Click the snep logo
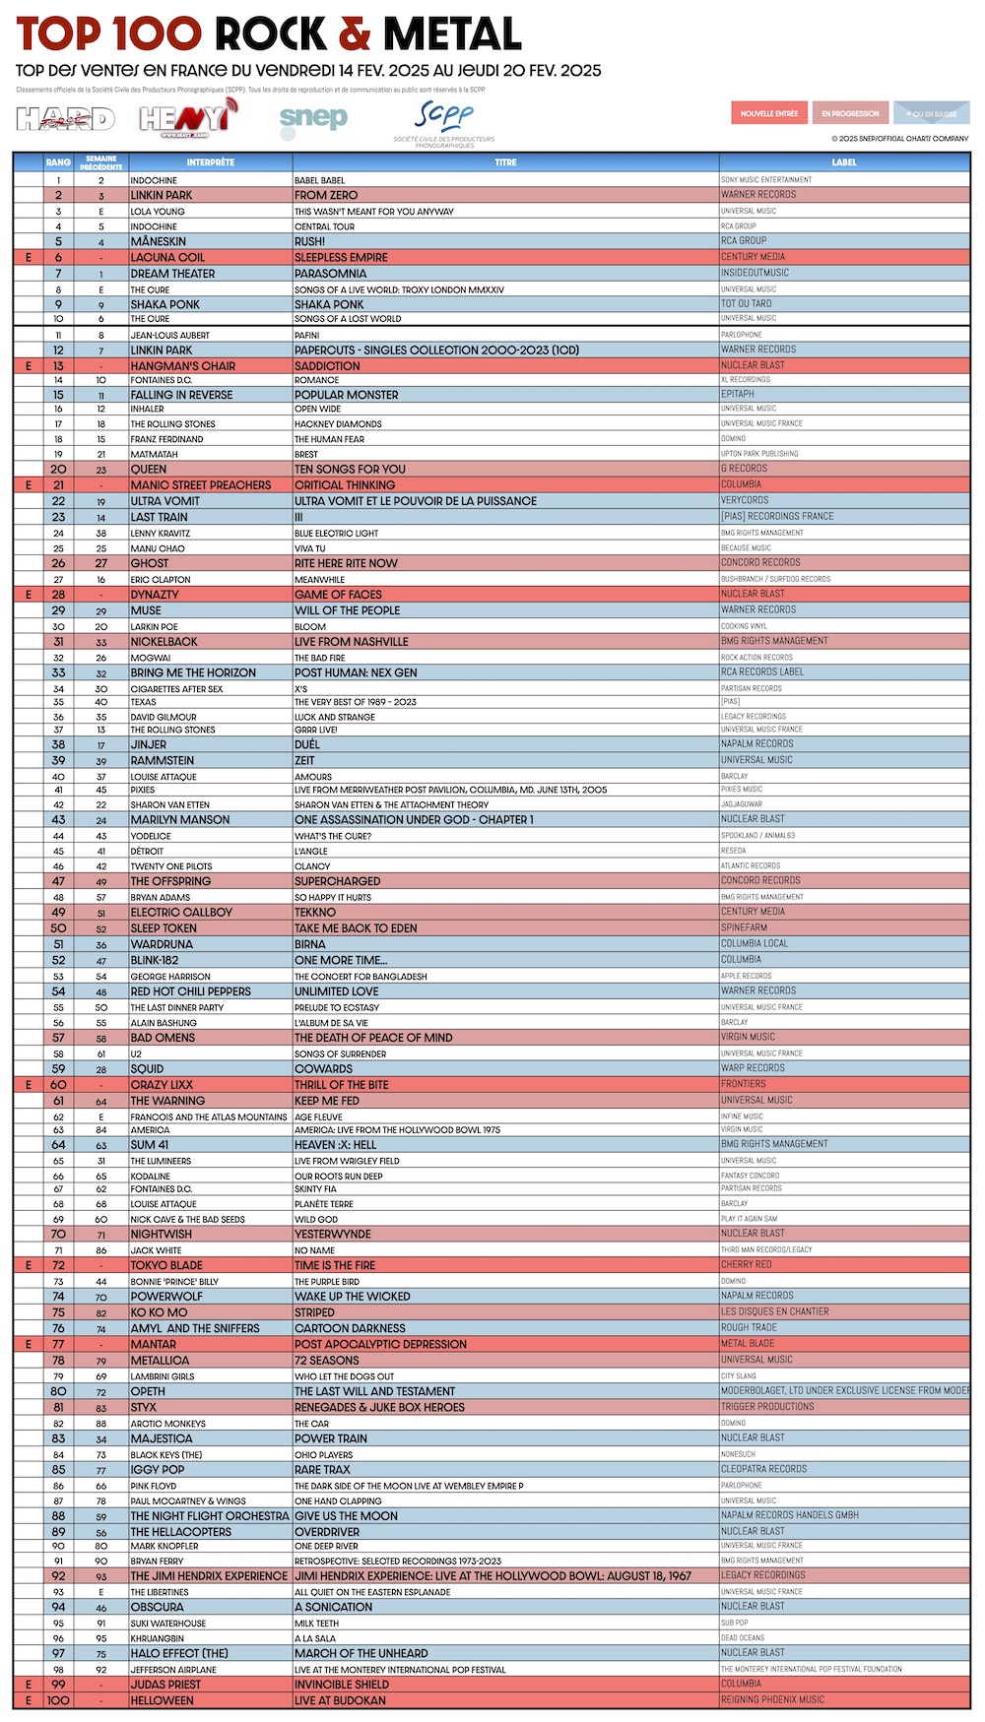pos(313,119)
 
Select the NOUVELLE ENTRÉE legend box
pos(769,113)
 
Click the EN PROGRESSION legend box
pos(850,113)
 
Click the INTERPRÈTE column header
pos(210,162)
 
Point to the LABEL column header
pos(844,162)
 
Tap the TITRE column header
pos(505,162)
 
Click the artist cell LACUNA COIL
pos(168,258)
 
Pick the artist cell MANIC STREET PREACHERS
pos(201,485)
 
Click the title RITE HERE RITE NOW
pos(346,563)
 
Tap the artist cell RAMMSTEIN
pos(163,761)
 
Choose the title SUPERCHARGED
pos(337,881)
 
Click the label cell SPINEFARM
pos(745,927)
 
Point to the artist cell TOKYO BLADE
pos(166,1265)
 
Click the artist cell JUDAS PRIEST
pos(165,1685)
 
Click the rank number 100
pos(58,1700)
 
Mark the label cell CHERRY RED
pos(746,1265)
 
